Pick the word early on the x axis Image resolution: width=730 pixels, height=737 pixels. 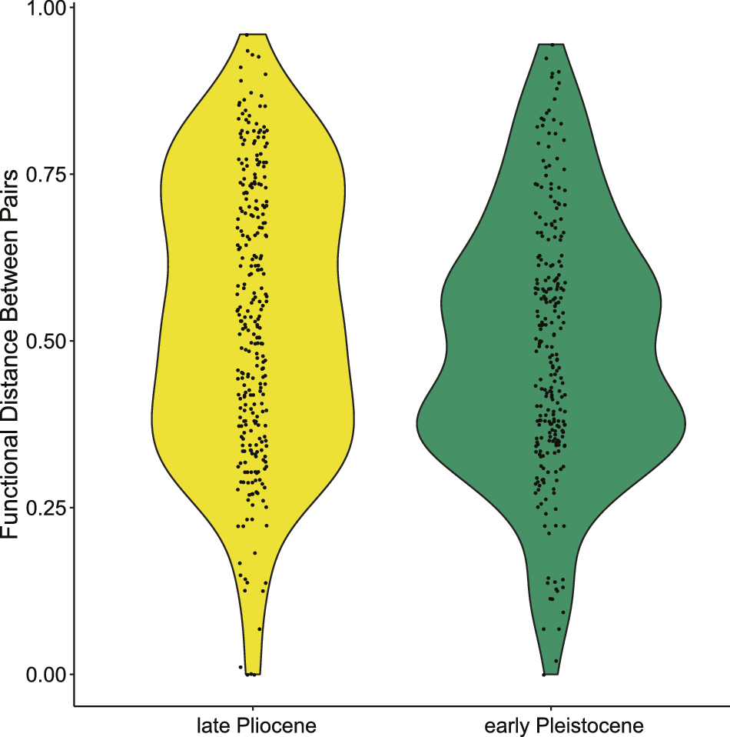[x=505, y=726]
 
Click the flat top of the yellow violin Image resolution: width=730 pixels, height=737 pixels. [x=253, y=35]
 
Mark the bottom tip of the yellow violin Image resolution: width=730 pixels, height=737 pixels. [x=253, y=673]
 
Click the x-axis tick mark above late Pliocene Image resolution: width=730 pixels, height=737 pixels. [x=253, y=709]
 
